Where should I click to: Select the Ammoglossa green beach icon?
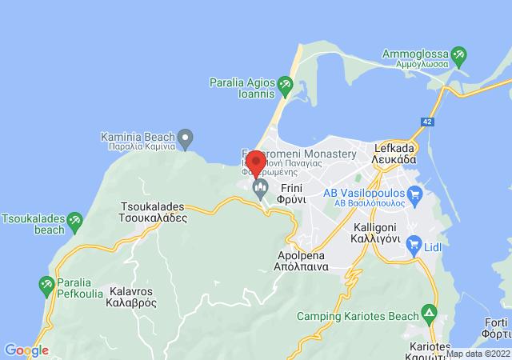458,57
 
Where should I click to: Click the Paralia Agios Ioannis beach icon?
285,83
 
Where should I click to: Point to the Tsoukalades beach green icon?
74,219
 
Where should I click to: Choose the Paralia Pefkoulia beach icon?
46,283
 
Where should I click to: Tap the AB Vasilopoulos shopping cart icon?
414,194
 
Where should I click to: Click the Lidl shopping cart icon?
414,242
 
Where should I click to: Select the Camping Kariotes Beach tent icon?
430,311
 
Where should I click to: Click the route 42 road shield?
428,122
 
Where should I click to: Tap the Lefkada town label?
394,154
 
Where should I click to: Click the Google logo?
26,350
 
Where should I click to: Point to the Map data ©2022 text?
478,354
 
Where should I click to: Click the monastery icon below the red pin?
260,189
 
